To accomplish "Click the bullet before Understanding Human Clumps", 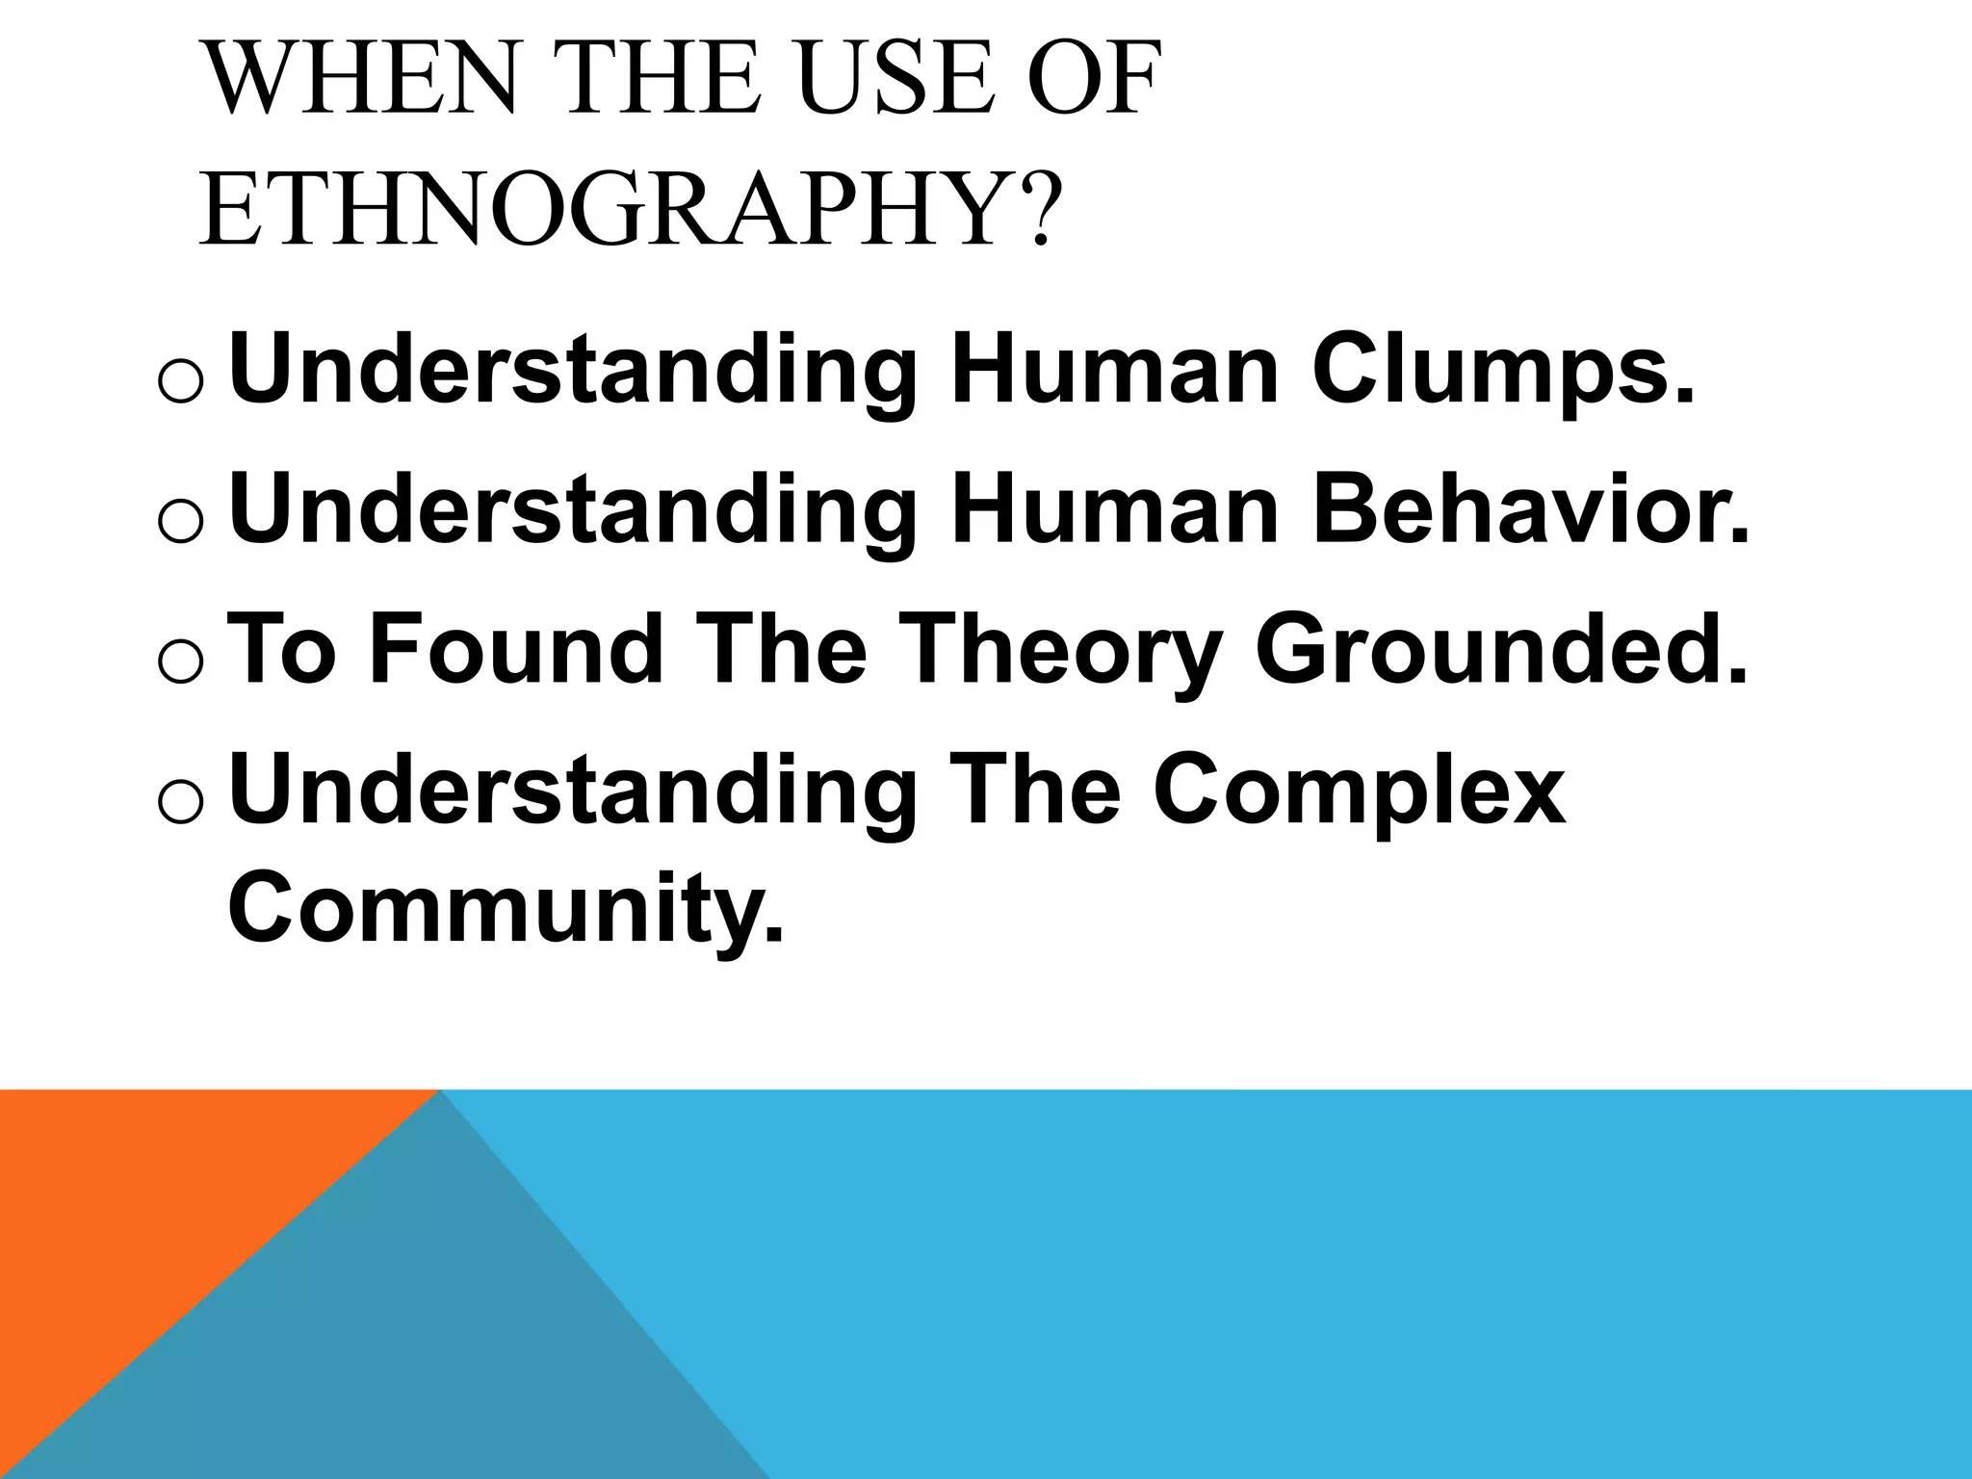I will click(178, 381).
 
